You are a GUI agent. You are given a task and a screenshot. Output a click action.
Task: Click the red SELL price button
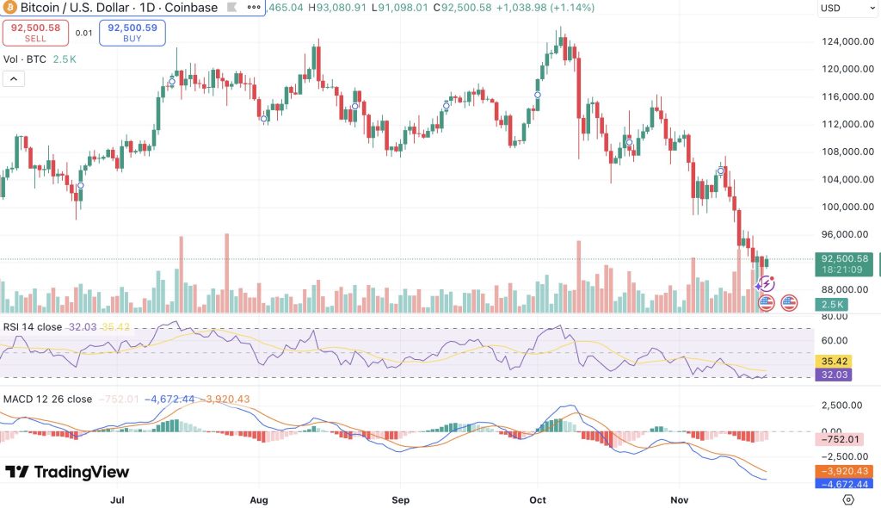pyautogui.click(x=34, y=34)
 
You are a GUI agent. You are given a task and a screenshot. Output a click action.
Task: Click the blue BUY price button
pyautogui.click(x=132, y=34)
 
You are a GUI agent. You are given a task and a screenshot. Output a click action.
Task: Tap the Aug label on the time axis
pyautogui.click(x=258, y=499)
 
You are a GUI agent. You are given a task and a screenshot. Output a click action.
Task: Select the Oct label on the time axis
pyautogui.click(x=538, y=499)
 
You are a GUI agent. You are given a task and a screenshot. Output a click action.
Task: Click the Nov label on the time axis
pyautogui.click(x=679, y=499)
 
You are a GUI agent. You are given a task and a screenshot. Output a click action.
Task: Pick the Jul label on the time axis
pyautogui.click(x=117, y=499)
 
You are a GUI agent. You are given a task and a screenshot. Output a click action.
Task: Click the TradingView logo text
pyautogui.click(x=67, y=472)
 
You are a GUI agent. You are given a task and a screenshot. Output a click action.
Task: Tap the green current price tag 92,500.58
pyautogui.click(x=845, y=263)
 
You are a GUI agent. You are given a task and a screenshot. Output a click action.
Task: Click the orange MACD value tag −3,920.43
pyautogui.click(x=844, y=471)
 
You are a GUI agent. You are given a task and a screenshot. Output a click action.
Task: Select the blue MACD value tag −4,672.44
pyautogui.click(x=844, y=484)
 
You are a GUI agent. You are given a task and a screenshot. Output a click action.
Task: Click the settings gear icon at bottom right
pyautogui.click(x=848, y=499)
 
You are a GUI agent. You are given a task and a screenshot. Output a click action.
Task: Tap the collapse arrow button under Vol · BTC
pyautogui.click(x=14, y=79)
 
